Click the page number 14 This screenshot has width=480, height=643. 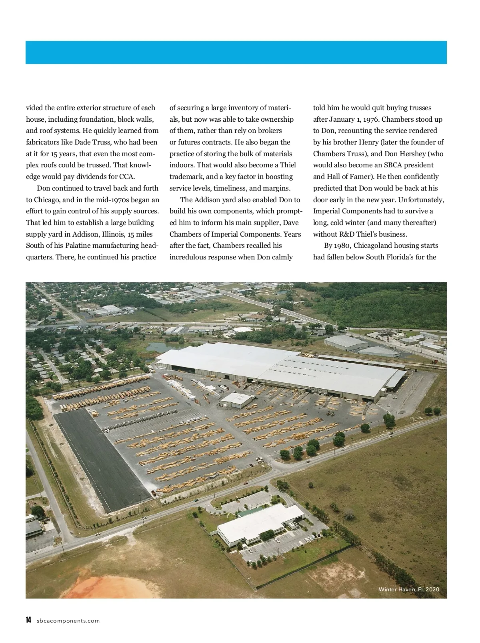(x=28, y=620)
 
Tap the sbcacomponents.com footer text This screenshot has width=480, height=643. (x=68, y=621)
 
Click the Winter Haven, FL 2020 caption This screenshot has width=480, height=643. (x=409, y=589)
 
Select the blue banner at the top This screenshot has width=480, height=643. (x=236, y=52)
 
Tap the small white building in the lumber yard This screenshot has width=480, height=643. (x=236, y=400)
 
